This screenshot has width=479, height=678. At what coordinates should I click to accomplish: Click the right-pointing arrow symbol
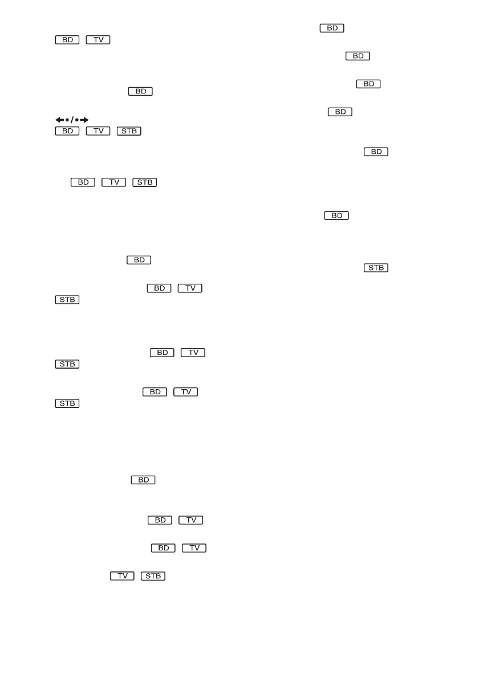[84, 120]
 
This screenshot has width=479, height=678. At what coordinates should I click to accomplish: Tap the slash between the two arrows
[72, 120]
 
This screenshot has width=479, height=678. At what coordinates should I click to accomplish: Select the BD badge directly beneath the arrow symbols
[67, 132]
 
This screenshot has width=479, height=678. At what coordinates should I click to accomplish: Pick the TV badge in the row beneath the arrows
[98, 132]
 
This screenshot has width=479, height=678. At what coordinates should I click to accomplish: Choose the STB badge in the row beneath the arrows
[129, 132]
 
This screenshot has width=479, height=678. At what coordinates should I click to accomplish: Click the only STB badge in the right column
[375, 267]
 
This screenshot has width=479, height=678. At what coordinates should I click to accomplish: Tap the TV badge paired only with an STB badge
[122, 576]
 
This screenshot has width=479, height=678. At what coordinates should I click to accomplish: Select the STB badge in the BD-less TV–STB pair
[152, 576]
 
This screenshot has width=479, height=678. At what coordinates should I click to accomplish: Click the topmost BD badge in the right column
[332, 28]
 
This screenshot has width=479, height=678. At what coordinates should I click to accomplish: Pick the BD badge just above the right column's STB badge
[336, 215]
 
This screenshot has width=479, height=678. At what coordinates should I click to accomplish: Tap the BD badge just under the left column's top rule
[67, 40]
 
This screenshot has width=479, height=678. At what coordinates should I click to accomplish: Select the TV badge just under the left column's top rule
[98, 40]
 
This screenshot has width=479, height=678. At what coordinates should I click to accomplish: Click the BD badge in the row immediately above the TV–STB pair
[163, 548]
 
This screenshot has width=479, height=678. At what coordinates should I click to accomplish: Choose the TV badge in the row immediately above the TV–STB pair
[194, 548]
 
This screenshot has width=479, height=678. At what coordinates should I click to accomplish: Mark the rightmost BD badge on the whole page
[375, 152]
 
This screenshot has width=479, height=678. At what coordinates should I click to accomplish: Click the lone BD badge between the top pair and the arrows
[140, 91]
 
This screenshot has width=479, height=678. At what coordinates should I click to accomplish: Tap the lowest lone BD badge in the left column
[144, 480]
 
